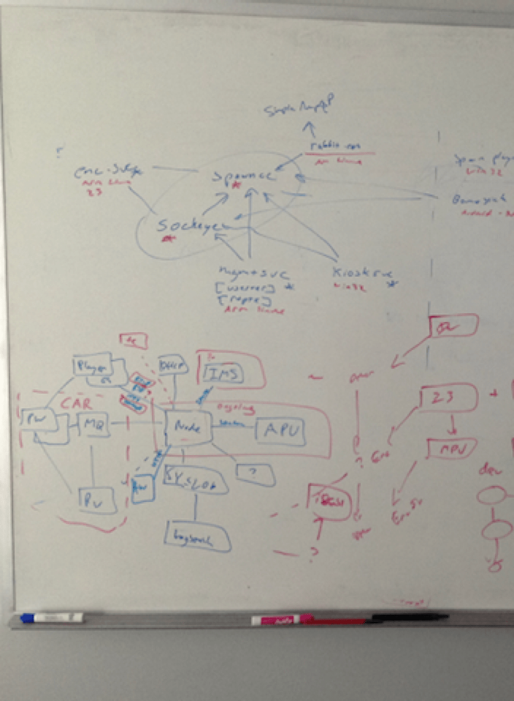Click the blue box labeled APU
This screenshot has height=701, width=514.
coord(280,432)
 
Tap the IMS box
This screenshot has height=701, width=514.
coord(223,375)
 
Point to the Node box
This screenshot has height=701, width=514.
coord(187,427)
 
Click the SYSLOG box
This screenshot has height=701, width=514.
coord(194,479)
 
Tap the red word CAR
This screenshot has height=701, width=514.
coord(74,403)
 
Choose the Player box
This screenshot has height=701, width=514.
coord(93,364)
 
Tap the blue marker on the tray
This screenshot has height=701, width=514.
coord(51,618)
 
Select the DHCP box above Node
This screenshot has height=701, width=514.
coord(173,367)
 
